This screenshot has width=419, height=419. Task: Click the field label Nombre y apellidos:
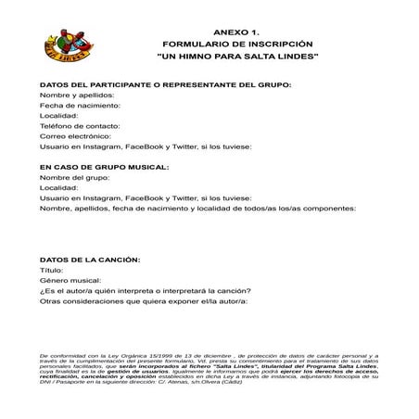[76, 95]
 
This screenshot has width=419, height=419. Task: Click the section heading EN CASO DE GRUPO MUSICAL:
[104, 167]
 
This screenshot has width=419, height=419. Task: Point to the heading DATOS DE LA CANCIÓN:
[90, 260]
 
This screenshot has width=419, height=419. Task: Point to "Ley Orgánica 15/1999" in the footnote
[122, 355]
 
